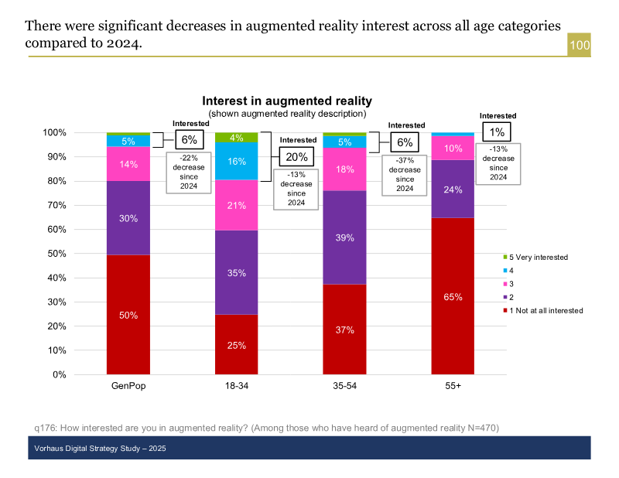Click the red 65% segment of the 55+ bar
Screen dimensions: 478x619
coord(453,296)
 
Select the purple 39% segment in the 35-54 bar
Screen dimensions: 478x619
coord(344,237)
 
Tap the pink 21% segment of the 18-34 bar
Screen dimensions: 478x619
coord(237,205)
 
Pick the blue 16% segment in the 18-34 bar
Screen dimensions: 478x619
coord(237,161)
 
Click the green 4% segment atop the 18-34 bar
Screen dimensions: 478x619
coord(237,138)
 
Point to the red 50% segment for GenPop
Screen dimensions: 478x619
coord(128,315)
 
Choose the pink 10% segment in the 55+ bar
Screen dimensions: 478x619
coord(453,148)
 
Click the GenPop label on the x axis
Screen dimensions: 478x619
coord(128,386)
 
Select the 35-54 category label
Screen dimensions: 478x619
coord(344,386)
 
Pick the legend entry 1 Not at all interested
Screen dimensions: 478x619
coord(546,310)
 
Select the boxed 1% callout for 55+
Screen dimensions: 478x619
coord(497,131)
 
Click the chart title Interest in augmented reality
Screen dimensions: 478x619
coord(287,101)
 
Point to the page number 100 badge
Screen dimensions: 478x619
coord(580,46)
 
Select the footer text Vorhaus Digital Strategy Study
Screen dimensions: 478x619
coord(101,449)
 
